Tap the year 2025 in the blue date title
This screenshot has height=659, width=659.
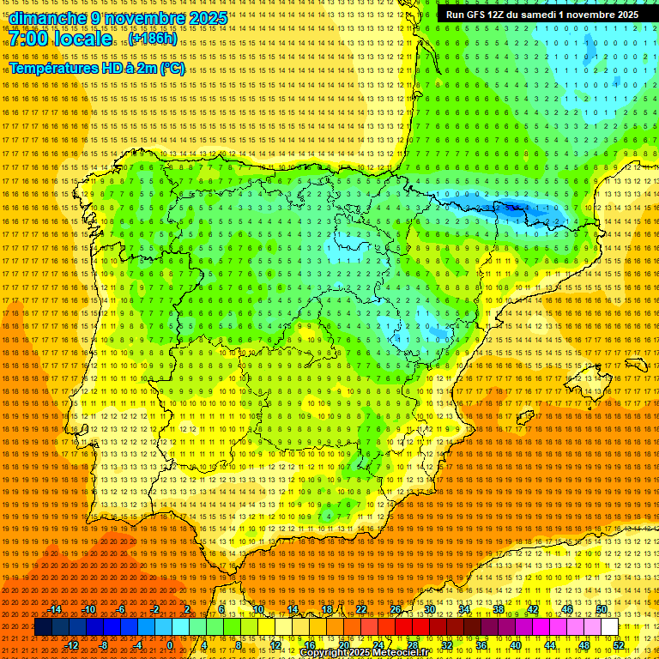(x=207, y=18)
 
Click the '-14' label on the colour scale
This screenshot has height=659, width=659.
(x=55, y=609)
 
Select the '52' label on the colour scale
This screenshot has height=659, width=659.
(x=618, y=644)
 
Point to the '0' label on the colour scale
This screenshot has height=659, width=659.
(x=170, y=644)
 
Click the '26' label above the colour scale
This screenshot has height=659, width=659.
(x=396, y=609)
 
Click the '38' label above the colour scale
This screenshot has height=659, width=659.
(x=498, y=609)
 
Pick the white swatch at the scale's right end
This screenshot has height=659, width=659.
(x=609, y=627)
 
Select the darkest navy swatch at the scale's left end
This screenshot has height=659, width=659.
(x=43, y=627)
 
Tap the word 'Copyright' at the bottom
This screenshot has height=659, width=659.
(x=326, y=653)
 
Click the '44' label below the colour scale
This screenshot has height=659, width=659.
(x=549, y=644)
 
